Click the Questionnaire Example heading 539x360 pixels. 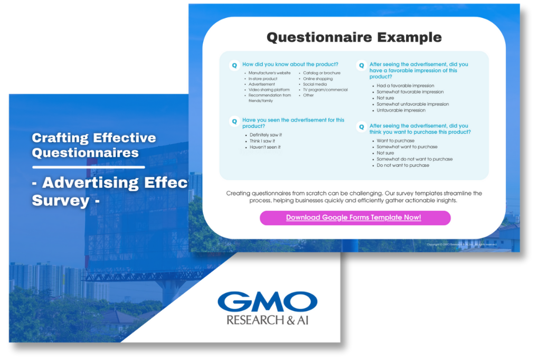tap(354, 37)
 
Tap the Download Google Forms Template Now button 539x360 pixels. tap(354, 217)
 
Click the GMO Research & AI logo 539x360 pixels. tap(267, 308)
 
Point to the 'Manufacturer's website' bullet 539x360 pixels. tap(269, 73)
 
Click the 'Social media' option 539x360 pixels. tap(315, 84)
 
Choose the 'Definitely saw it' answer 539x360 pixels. tap(266, 135)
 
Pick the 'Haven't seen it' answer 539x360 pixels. tap(265, 147)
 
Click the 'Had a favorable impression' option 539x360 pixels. tap(405, 86)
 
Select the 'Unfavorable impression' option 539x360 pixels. tap(401, 110)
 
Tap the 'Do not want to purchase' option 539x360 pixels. tap(403, 165)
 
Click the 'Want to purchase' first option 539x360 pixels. tap(395, 141)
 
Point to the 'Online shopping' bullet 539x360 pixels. tap(318, 79)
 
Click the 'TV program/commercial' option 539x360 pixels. tap(325, 90)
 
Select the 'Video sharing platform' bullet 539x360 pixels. tap(269, 90)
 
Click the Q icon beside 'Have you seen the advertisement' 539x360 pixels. tap(234, 121)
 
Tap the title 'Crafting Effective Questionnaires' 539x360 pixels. tap(94, 145)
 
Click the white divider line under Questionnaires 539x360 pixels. tap(88, 167)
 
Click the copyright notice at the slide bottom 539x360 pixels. tap(462, 245)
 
